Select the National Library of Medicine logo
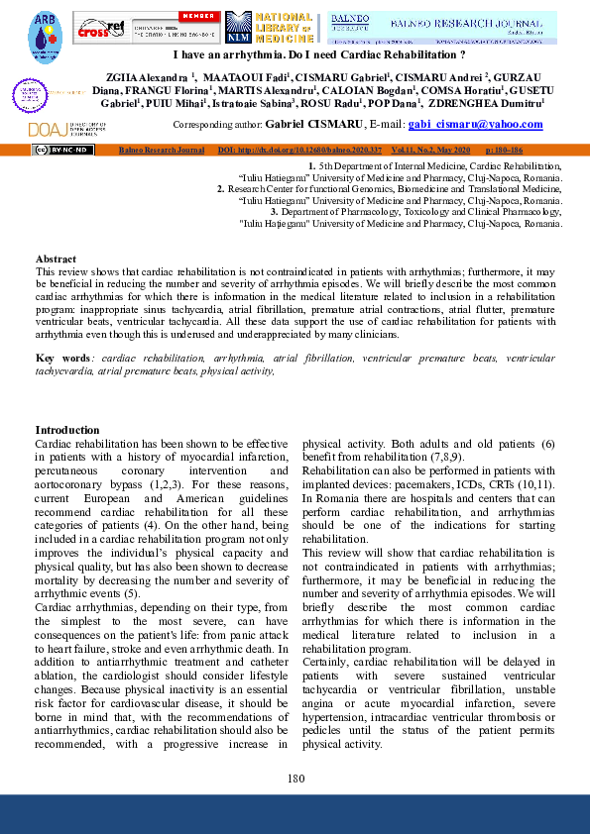coord(270,28)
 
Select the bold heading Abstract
coord(56,258)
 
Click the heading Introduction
coord(67,430)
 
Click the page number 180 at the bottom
coord(295,779)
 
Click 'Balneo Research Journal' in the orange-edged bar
coord(160,150)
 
